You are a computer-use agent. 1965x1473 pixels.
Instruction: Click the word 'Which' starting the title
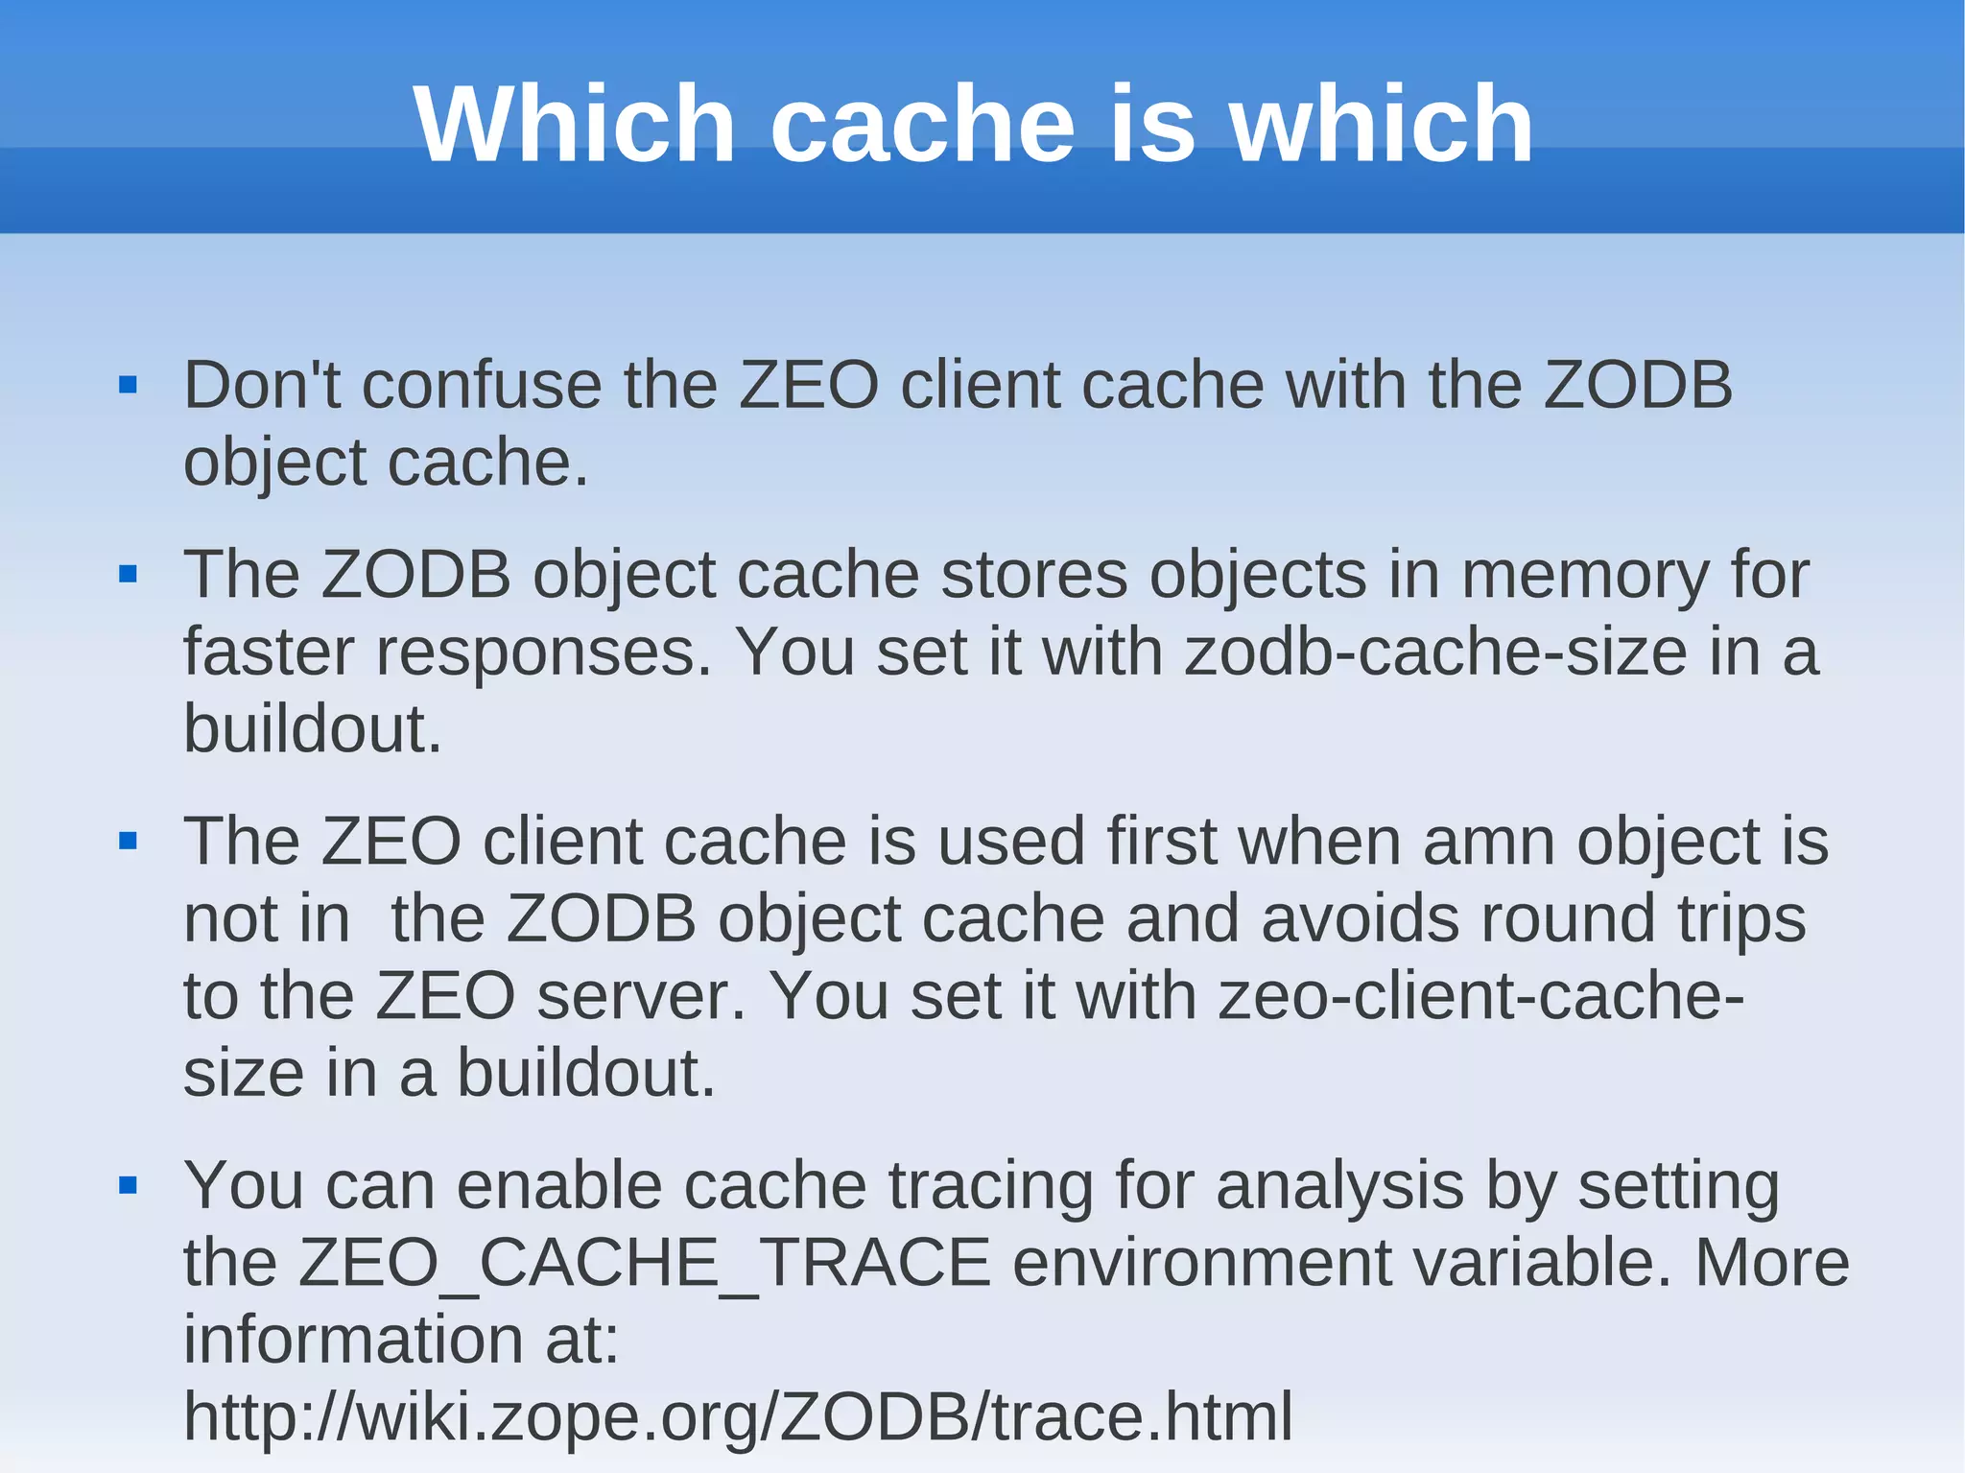point(574,125)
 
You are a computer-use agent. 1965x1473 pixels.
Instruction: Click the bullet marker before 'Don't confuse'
point(128,386)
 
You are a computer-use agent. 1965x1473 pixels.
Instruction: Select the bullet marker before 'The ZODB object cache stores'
point(128,575)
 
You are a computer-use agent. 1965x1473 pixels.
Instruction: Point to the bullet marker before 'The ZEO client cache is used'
point(128,842)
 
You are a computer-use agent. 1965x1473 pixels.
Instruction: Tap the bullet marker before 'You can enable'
point(128,1186)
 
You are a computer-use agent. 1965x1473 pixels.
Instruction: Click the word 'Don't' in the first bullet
point(262,386)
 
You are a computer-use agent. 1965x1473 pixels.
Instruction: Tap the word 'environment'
point(1201,1263)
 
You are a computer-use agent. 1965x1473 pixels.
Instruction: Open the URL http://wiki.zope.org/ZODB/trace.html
point(737,1416)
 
